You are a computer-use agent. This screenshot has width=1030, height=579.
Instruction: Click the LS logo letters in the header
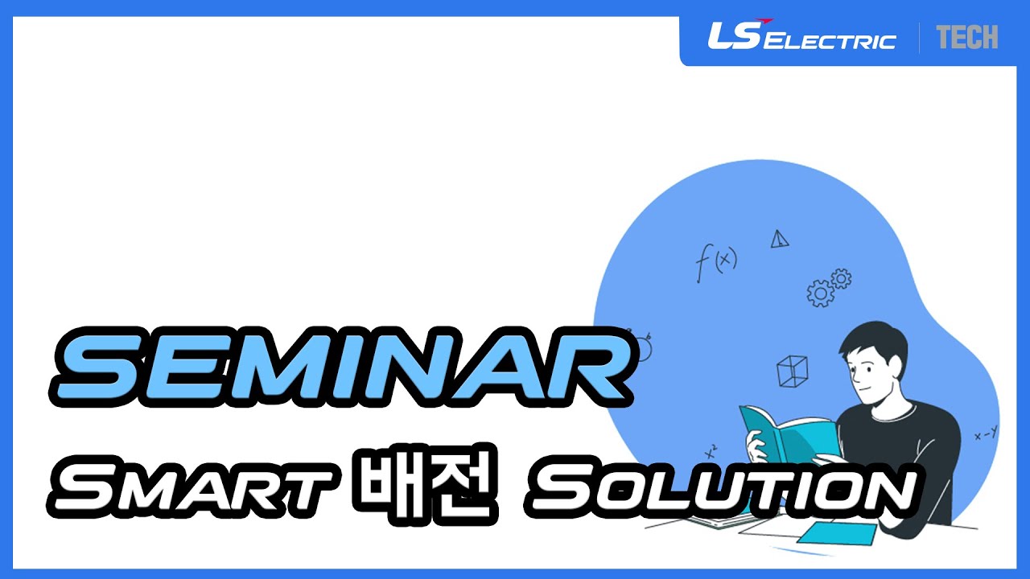732,36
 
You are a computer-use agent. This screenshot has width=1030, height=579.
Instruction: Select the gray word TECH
966,37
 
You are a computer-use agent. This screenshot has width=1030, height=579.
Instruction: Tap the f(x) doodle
715,262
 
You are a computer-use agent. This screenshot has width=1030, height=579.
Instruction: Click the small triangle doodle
778,239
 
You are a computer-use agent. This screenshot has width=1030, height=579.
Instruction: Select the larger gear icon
820,293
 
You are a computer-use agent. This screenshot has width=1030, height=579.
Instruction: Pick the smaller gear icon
841,278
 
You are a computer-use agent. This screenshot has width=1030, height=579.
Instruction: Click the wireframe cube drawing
792,371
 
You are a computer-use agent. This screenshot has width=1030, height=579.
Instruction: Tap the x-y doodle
986,434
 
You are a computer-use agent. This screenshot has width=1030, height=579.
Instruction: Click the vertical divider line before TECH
920,38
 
